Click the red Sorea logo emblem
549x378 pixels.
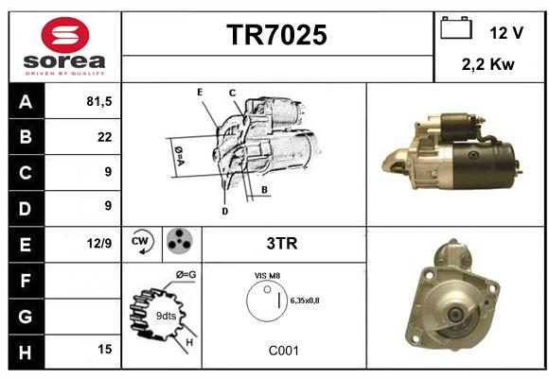click(x=65, y=35)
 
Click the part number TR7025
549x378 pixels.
click(x=276, y=35)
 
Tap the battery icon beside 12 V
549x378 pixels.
click(x=456, y=27)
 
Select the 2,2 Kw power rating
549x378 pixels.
click(x=488, y=64)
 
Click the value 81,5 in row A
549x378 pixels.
click(x=99, y=101)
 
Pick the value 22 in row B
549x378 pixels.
click(x=105, y=137)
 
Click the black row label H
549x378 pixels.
click(x=27, y=352)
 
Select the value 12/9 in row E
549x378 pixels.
click(x=99, y=243)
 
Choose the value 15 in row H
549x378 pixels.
click(x=105, y=349)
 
